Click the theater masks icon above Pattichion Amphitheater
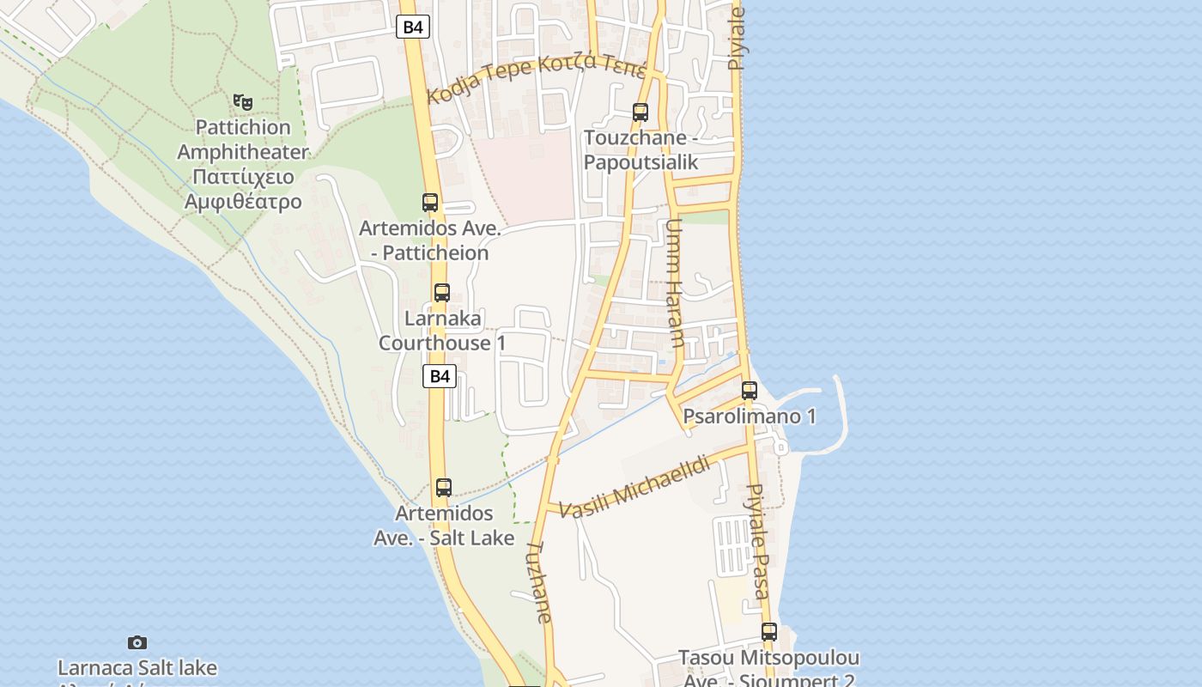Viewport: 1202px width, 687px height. (244, 102)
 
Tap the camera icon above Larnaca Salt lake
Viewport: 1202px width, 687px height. (137, 642)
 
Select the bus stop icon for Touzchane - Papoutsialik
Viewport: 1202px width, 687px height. (640, 112)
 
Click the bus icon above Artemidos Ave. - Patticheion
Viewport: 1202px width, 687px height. (430, 203)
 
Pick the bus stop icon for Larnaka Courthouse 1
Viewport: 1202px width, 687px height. (441, 292)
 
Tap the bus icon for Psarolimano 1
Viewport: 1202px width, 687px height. (750, 391)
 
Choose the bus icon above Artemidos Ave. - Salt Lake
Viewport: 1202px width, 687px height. (443, 488)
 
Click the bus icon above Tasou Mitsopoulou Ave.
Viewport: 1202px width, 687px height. (769, 632)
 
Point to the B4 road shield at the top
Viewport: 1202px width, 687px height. (413, 27)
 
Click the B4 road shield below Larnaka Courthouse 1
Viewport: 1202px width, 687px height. (439, 376)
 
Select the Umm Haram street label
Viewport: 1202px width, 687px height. (675, 283)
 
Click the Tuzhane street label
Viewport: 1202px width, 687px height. (538, 581)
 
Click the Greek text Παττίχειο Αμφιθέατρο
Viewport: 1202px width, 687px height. (243, 190)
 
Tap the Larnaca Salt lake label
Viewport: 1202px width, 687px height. (137, 668)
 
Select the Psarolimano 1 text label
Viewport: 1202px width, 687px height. (750, 416)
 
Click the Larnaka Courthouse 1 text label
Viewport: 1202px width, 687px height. (442, 331)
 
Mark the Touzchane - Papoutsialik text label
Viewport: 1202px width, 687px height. (640, 150)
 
